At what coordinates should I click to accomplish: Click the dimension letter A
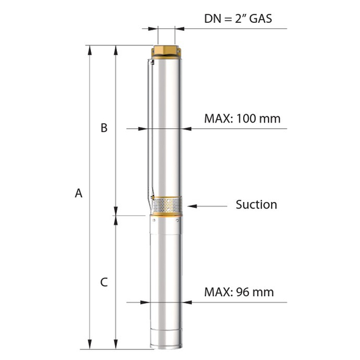78,193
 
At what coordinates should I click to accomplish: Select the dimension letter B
104,128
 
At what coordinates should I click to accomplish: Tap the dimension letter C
104,282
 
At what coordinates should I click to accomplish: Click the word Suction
256,205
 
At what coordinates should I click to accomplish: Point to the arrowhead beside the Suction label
192,206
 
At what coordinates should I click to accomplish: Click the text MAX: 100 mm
243,119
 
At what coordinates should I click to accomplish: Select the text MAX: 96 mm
239,292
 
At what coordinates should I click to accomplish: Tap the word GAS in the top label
261,18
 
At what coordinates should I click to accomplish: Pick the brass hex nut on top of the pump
166,51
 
